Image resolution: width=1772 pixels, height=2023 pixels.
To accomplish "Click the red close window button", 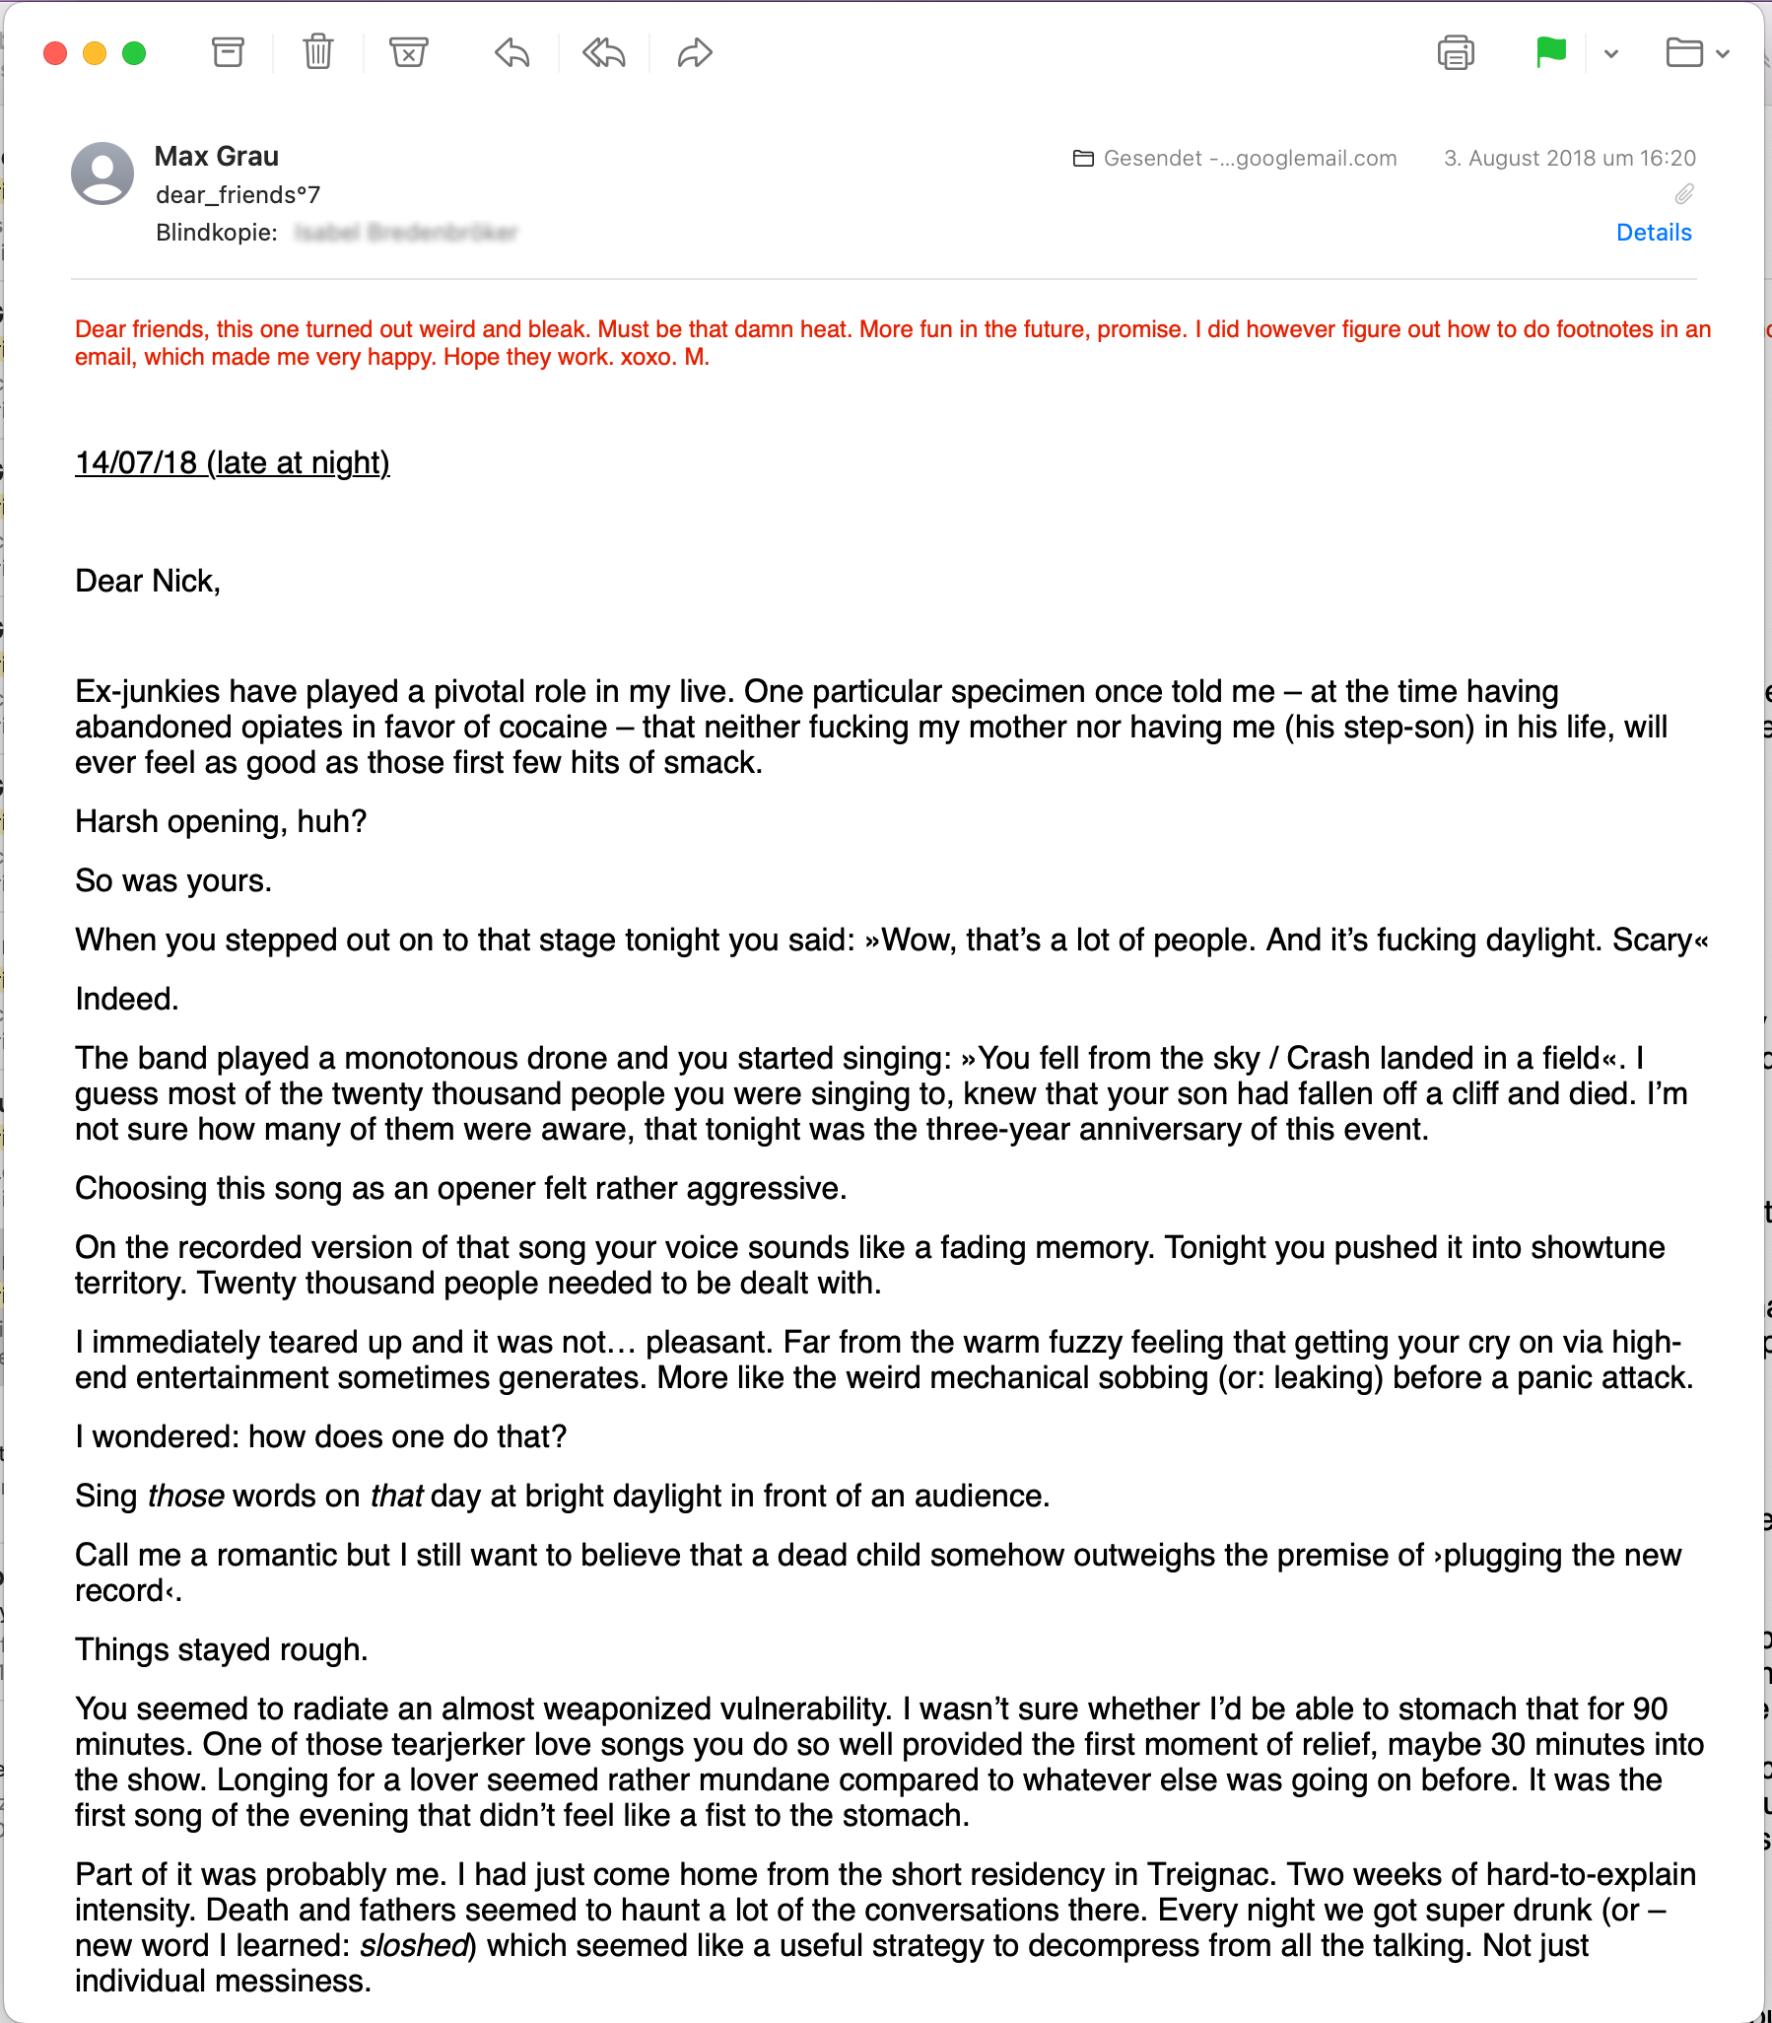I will (55, 53).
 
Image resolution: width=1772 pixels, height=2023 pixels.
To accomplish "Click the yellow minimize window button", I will (95, 53).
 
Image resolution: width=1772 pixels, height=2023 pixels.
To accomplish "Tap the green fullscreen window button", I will (134, 53).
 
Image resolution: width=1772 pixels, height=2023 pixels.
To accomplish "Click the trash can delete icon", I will (317, 52).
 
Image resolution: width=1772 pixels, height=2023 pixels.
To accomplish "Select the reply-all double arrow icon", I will (603, 52).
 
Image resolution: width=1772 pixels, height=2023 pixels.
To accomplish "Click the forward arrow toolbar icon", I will (694, 52).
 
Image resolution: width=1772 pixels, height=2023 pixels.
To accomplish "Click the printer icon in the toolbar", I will (1456, 52).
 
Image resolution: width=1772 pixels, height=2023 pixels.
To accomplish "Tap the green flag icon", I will (1550, 51).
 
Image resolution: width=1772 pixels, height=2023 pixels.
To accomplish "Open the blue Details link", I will (1654, 233).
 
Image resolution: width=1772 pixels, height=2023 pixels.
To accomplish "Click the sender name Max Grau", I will (217, 157).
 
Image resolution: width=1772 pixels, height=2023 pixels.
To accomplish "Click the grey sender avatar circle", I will (102, 174).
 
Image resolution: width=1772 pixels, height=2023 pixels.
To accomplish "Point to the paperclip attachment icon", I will (1684, 194).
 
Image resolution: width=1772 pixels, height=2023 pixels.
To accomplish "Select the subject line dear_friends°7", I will (238, 195).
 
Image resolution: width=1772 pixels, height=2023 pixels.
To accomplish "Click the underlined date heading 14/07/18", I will (233, 463).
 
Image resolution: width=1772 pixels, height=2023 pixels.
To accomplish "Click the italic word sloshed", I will (413, 1946).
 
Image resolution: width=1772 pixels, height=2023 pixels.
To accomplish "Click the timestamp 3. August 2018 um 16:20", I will (1569, 159).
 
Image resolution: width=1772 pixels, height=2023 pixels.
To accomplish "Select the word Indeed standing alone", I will (124, 999).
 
